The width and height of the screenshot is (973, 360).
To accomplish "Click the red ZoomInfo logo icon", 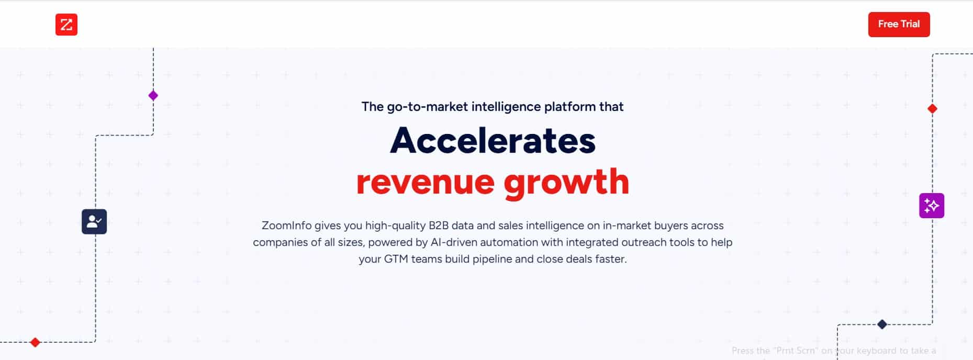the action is (66, 25).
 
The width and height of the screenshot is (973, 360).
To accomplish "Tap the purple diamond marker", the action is (153, 96).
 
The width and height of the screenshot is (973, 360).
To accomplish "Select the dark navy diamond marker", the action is (882, 324).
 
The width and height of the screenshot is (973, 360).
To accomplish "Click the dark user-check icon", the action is (94, 222).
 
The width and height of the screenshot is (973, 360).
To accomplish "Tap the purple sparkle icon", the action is (932, 206).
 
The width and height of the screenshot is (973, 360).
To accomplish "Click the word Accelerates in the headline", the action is (493, 141).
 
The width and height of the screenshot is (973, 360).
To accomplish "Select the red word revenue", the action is (426, 182).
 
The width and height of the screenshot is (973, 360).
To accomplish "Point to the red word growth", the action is (566, 182).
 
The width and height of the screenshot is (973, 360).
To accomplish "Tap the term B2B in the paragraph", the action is (439, 226).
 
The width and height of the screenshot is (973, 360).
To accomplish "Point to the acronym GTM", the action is (396, 259).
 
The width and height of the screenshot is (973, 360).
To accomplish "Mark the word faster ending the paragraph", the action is (611, 259).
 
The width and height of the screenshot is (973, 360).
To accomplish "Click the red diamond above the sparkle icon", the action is (932, 109).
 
